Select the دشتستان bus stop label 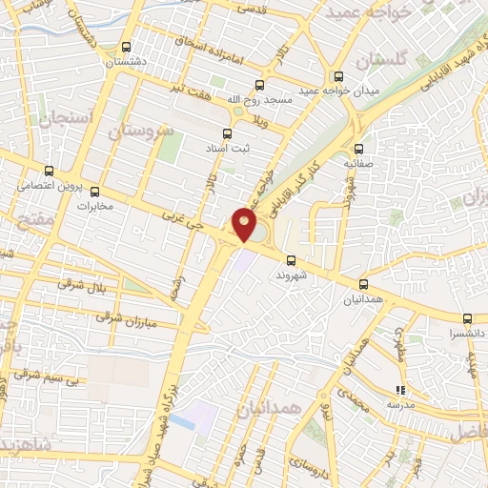pos(128,60)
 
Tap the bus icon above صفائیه pos(358,148)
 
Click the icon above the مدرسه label pos(400,389)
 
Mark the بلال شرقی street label pos(78,285)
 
